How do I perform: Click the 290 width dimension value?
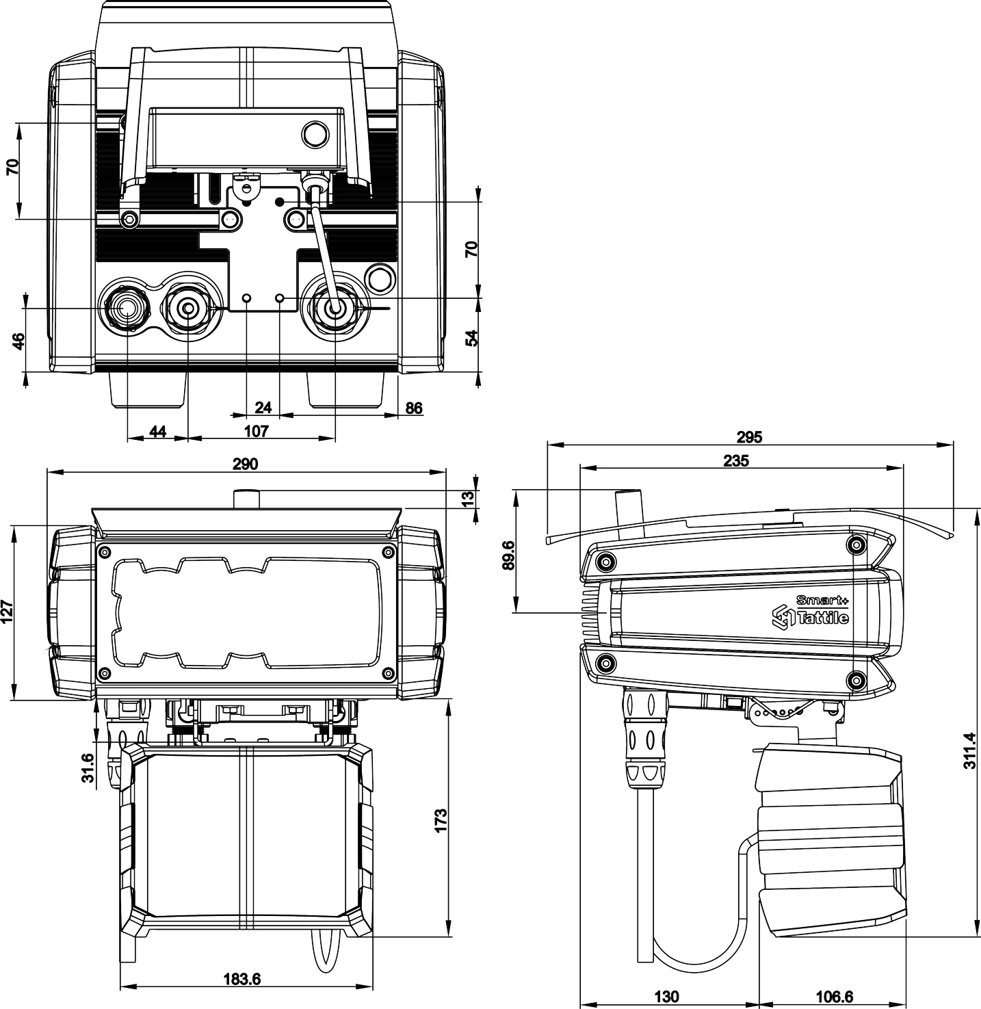(x=245, y=464)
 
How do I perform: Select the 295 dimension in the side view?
(x=750, y=436)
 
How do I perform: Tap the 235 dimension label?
(x=736, y=460)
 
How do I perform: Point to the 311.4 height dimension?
(x=969, y=751)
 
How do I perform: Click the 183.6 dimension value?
(x=242, y=979)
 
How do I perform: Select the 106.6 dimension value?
(x=833, y=997)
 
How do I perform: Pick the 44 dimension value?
(x=157, y=431)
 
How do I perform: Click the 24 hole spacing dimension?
(x=263, y=408)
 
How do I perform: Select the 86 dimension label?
(x=414, y=408)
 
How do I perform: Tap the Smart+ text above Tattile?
(x=822, y=600)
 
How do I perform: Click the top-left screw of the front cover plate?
(x=104, y=551)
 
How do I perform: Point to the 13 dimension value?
(x=468, y=499)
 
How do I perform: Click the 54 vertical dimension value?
(x=471, y=338)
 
